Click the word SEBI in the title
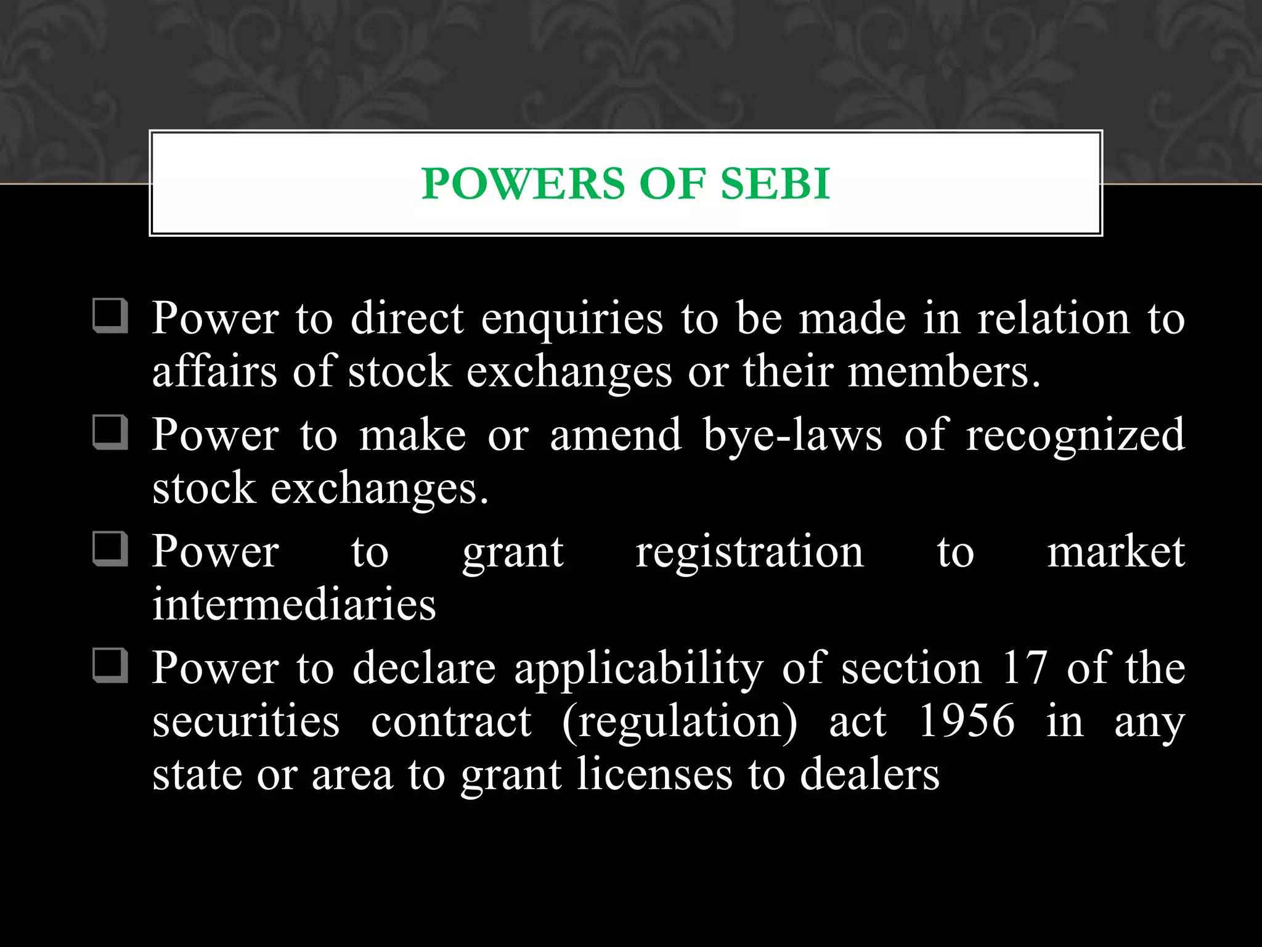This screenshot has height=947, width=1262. [x=775, y=184]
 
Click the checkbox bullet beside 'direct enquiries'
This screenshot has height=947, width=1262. [x=110, y=316]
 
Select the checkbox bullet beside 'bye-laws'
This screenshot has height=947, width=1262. [x=110, y=432]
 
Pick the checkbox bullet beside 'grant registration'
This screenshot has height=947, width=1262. [x=110, y=549]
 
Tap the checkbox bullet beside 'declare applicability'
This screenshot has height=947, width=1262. [x=110, y=665]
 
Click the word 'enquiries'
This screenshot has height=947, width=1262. [x=572, y=319]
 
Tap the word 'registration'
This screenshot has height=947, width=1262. [x=749, y=552]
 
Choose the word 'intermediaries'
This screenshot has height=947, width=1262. [x=294, y=604]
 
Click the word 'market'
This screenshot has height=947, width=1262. [x=1116, y=552]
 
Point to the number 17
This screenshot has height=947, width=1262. [x=1024, y=668]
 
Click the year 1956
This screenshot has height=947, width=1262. [x=966, y=721]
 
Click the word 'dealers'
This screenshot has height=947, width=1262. [x=869, y=774]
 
